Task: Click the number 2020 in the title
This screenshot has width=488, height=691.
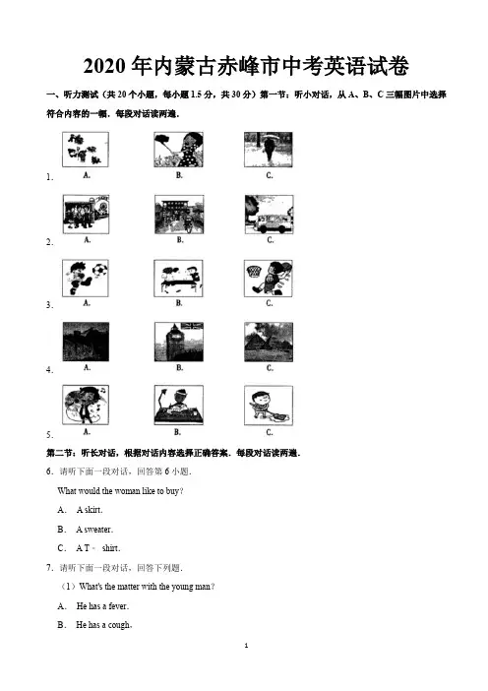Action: point(105,67)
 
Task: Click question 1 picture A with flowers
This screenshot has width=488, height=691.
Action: point(86,150)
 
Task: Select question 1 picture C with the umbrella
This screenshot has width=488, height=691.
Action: point(269,150)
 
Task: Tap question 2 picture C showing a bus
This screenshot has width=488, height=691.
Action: point(270,215)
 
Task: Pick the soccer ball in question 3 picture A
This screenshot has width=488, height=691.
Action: point(100,269)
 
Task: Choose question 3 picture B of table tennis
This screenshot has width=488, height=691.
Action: point(178,279)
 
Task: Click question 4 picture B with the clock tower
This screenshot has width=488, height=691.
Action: point(179,342)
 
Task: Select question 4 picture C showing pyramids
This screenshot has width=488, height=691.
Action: point(269,342)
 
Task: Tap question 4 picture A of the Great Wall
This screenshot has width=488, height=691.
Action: point(86,342)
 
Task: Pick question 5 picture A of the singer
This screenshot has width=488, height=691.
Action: point(86,405)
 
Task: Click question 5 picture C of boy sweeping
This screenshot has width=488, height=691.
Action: point(269,406)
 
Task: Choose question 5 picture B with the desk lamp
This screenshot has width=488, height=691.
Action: point(179,405)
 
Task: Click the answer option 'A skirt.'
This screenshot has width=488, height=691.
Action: point(90,510)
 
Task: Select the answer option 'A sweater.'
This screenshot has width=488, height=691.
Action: point(94,530)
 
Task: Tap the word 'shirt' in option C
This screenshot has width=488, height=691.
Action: point(110,548)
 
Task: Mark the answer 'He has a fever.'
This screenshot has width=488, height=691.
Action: point(102,606)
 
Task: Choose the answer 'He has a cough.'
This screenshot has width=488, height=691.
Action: point(104,625)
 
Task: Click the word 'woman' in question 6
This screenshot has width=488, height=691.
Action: point(128,491)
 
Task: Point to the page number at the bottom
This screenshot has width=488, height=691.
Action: point(246,646)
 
